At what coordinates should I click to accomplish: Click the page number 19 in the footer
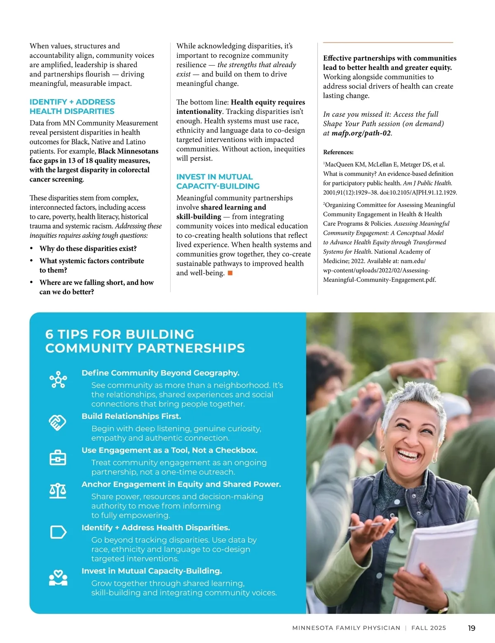click(x=471, y=628)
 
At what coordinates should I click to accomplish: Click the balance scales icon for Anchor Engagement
click(x=58, y=491)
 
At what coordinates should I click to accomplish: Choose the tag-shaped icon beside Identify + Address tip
click(x=58, y=532)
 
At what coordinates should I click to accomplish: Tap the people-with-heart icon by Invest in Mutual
click(x=58, y=578)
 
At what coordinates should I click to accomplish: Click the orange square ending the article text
click(x=230, y=273)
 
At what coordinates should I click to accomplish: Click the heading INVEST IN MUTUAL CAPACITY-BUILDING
click(x=218, y=182)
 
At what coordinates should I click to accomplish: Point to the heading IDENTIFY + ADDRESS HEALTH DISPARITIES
click(x=72, y=106)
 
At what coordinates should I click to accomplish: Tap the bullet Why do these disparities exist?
click(x=88, y=248)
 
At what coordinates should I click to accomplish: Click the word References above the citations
click(x=338, y=152)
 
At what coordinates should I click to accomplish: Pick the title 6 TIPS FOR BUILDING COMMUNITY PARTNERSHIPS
click(x=145, y=341)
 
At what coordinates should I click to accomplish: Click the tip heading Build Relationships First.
click(x=131, y=416)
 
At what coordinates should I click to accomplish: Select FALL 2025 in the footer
click(x=429, y=628)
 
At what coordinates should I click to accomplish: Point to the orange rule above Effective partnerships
click(x=388, y=43)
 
